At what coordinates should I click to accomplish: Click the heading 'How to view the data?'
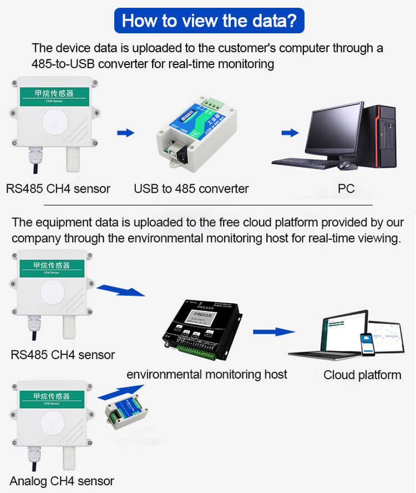(209, 21)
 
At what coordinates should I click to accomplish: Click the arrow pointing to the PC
(289, 133)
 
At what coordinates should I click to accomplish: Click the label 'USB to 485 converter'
(191, 189)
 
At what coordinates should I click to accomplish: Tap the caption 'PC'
(346, 189)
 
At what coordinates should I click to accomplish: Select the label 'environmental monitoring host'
(207, 374)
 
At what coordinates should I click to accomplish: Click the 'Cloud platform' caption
(362, 375)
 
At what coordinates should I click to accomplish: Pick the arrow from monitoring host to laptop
(273, 331)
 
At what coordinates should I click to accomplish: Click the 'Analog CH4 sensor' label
(62, 481)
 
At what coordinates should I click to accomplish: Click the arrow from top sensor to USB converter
(126, 133)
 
